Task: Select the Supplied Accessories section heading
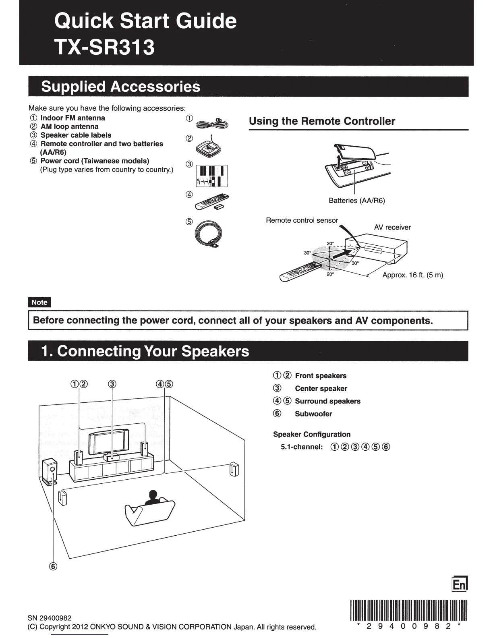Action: tap(120, 87)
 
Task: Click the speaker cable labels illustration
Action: tap(211, 176)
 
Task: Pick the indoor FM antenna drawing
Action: tap(214, 123)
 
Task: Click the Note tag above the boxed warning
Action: tap(39, 302)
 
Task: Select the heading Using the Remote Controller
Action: tap(322, 121)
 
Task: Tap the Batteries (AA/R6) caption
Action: tap(356, 201)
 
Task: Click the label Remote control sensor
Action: tap(302, 220)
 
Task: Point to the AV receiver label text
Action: tap(392, 227)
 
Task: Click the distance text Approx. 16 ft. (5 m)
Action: tap(412, 275)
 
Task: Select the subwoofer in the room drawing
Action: tap(50, 472)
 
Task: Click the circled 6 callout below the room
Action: tap(53, 566)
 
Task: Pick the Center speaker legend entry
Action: tap(321, 389)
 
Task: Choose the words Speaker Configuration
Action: tap(312, 434)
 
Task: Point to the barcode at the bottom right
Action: tap(408, 611)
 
